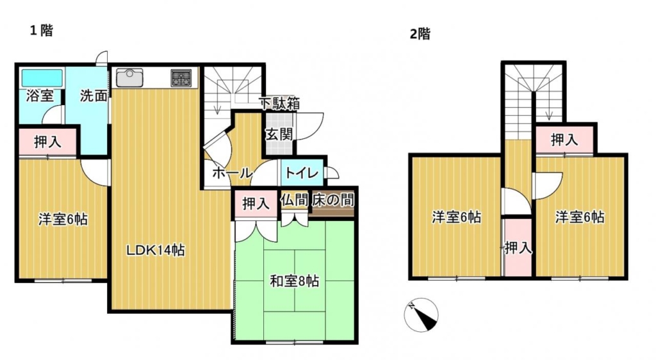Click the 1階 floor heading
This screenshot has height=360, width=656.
(42, 30)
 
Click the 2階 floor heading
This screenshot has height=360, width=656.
(420, 33)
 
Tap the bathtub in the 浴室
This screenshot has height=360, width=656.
(42, 78)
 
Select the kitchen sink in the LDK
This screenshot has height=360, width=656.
(129, 78)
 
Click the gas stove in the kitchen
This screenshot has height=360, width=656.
(181, 78)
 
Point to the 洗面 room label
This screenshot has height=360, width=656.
(94, 95)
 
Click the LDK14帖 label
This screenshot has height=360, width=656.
(156, 250)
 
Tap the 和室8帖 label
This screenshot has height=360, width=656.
(295, 281)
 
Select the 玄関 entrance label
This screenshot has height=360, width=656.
(279, 135)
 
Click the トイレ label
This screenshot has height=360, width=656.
(302, 172)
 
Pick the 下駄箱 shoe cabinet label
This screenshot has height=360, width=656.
(279, 104)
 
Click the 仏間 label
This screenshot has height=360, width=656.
(294, 200)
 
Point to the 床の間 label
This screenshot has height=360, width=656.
(333, 200)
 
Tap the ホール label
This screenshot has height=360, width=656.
(231, 173)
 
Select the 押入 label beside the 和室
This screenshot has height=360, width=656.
(256, 204)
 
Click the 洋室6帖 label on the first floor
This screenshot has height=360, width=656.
(63, 219)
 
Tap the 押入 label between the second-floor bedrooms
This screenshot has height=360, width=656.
(518, 248)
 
